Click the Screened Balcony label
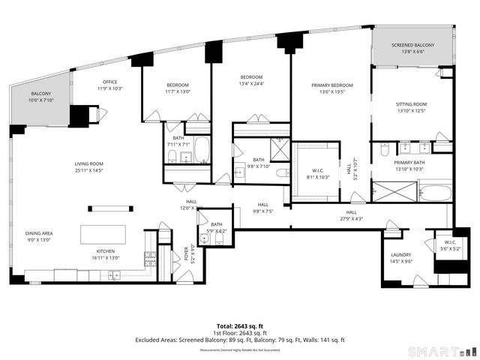click(413, 49)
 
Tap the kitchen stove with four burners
click(150, 259)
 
